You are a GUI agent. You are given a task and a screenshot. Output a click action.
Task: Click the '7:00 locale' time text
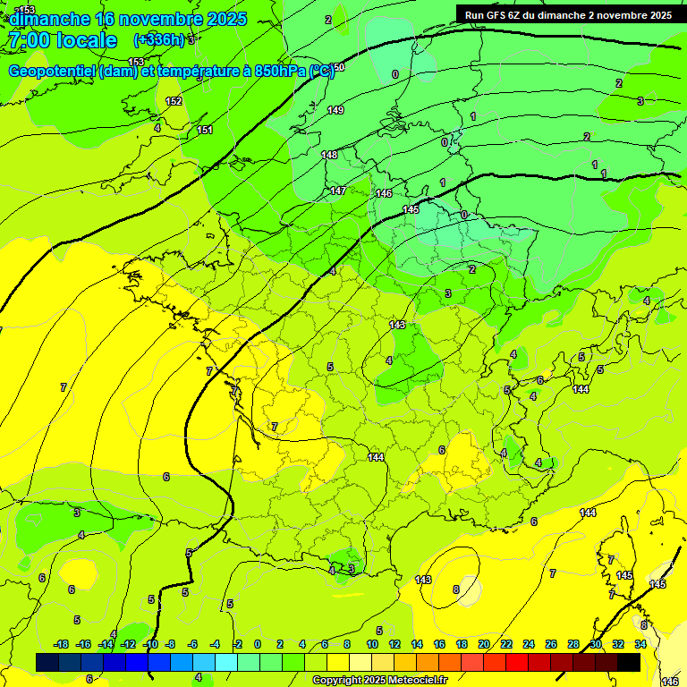pyautogui.click(x=61, y=40)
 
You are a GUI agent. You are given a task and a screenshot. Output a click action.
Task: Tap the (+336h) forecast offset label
pyautogui.click(x=160, y=39)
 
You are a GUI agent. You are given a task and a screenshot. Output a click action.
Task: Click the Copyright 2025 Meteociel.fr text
pyautogui.click(x=379, y=680)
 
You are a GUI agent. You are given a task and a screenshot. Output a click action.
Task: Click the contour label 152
pyautogui.click(x=174, y=101)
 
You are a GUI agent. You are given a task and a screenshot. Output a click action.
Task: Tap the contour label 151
pyautogui.click(x=205, y=131)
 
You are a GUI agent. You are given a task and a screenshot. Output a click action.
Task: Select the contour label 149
pyautogui.click(x=335, y=110)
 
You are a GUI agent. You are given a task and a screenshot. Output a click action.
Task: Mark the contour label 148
pyautogui.click(x=329, y=155)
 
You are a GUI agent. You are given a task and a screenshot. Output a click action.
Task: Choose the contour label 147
pyautogui.click(x=337, y=191)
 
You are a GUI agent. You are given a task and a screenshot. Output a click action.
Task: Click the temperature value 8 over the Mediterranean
pyautogui.click(x=455, y=589)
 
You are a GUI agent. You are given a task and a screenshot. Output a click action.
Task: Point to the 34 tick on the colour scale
pyautogui.click(x=640, y=644)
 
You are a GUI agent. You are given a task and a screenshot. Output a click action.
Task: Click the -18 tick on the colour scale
pyautogui.click(x=62, y=644)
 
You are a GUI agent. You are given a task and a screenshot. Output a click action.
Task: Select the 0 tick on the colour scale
pyautogui.click(x=258, y=644)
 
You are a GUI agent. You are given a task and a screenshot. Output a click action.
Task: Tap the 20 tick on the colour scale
pyautogui.click(x=484, y=644)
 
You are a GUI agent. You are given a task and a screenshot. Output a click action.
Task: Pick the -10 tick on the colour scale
pyautogui.click(x=151, y=644)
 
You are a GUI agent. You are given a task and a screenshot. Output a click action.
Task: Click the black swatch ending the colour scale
pyautogui.click(x=629, y=662)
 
